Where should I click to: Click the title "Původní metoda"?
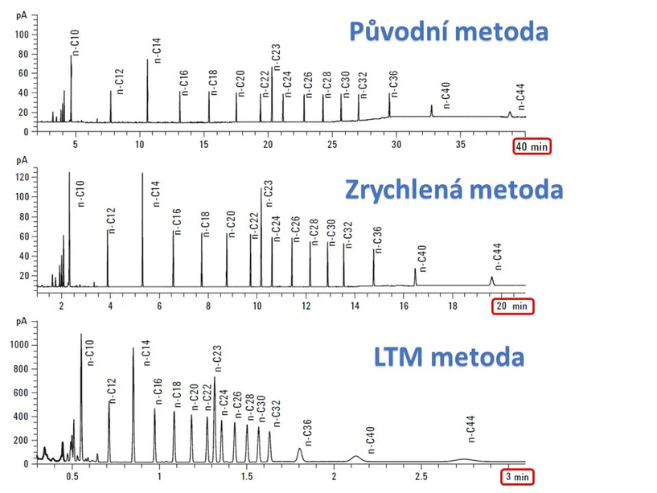click(x=449, y=32)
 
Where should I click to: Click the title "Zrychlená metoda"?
click(x=453, y=190)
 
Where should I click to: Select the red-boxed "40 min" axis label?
click(x=532, y=146)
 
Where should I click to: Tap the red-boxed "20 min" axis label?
click(x=511, y=306)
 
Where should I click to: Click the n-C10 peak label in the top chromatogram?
click(x=76, y=42)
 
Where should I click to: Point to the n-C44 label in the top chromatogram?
click(x=520, y=96)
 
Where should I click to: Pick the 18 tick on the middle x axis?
click(x=453, y=306)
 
